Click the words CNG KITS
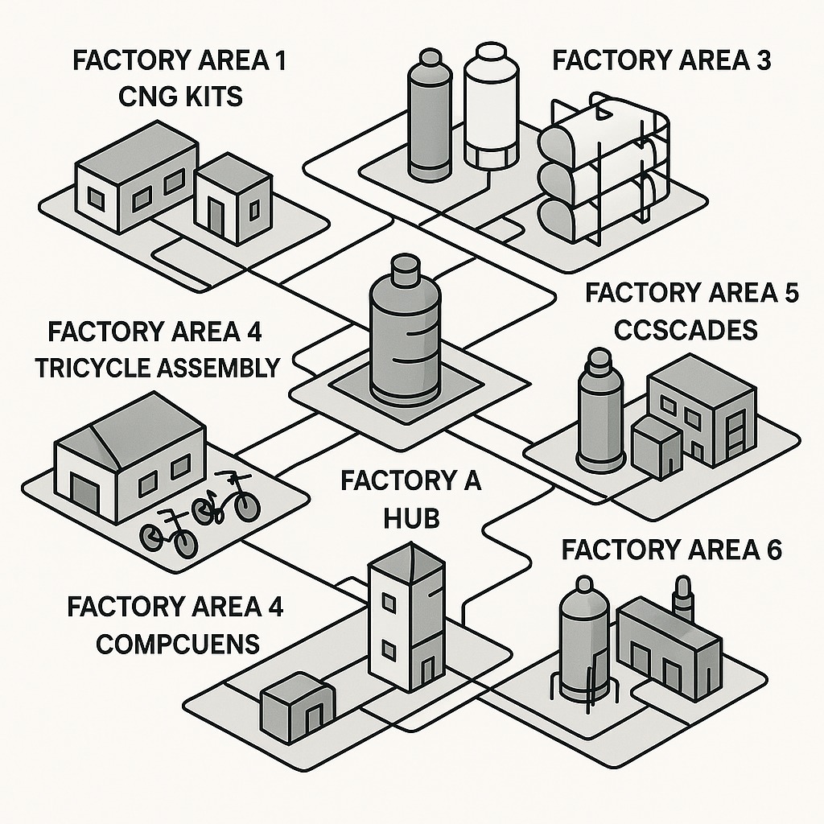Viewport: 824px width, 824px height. tap(180, 97)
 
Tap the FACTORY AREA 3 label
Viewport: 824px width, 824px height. tap(662, 60)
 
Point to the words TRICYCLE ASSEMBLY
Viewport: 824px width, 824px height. tap(157, 367)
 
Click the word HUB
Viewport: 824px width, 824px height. tap(410, 517)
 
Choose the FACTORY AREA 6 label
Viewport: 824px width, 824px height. tap(672, 550)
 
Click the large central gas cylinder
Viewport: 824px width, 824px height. tap(405, 338)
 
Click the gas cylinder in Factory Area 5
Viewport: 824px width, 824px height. tap(601, 414)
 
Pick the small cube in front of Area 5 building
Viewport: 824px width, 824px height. tap(657, 449)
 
